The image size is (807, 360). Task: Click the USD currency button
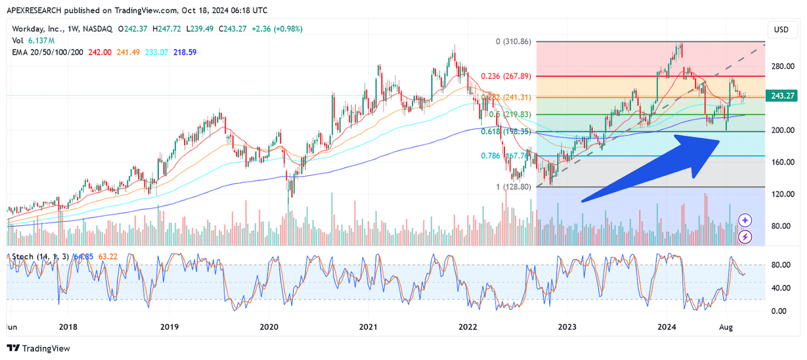pyautogui.click(x=781, y=30)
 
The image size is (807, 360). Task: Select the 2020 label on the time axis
pyautogui.click(x=269, y=327)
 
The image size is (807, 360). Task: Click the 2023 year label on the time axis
pyautogui.click(x=567, y=327)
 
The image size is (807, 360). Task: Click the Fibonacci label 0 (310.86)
pyautogui.click(x=513, y=42)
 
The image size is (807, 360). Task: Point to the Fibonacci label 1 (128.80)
pyautogui.click(x=515, y=187)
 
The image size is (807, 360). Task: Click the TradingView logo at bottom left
pyautogui.click(x=38, y=348)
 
